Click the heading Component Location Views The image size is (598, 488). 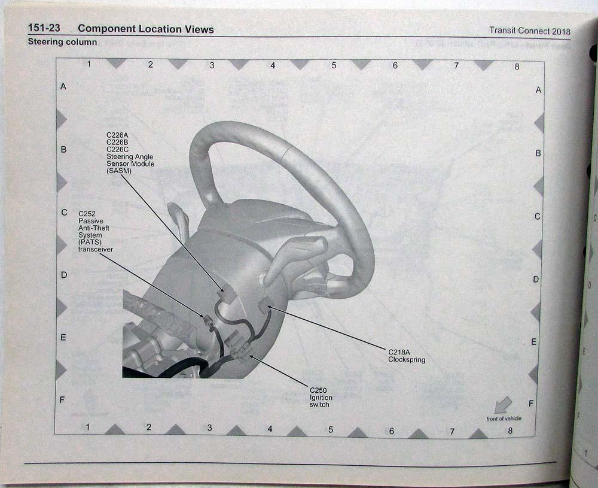145,29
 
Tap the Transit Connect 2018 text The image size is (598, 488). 529,31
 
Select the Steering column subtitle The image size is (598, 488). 62,43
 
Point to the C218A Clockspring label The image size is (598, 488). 407,356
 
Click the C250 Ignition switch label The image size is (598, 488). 321,396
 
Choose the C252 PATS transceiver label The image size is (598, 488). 96,231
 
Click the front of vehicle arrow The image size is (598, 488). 502,405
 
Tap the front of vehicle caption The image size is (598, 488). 504,419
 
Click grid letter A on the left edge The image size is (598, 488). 63,86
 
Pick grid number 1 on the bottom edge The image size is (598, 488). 87,427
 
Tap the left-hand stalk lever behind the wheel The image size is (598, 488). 180,219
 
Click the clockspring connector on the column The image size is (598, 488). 264,306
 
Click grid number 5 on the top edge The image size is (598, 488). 334,65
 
